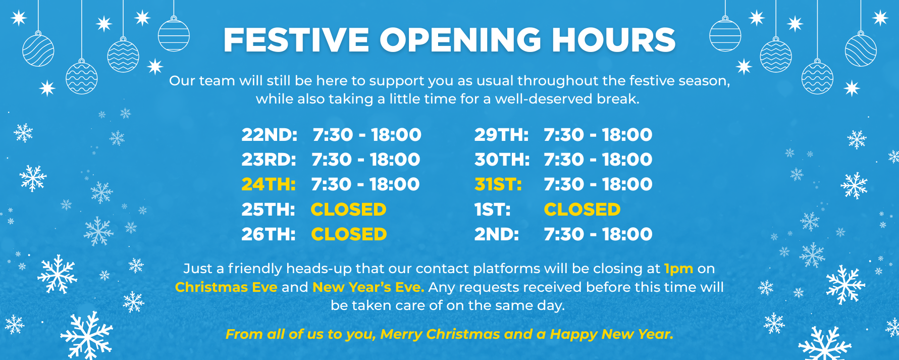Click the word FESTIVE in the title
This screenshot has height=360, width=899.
[x=296, y=40]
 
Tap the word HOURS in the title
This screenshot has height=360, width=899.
[x=613, y=40]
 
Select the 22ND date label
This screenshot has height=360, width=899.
[x=270, y=135]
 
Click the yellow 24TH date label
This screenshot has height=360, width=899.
[x=269, y=184]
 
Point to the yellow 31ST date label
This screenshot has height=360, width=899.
[x=498, y=184]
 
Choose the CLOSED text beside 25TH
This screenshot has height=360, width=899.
[x=349, y=210]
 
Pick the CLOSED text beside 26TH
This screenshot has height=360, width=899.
[x=349, y=234]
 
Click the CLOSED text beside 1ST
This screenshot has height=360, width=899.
[x=582, y=210]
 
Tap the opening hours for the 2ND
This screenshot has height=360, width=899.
[x=598, y=234]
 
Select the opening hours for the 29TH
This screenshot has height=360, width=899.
[x=598, y=135]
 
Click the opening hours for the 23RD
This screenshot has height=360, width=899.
[x=366, y=160]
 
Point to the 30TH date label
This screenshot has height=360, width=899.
[x=502, y=160]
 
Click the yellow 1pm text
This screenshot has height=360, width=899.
[x=678, y=269]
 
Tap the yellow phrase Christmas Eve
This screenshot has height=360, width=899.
[x=226, y=287]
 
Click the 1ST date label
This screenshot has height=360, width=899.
[x=493, y=210]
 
